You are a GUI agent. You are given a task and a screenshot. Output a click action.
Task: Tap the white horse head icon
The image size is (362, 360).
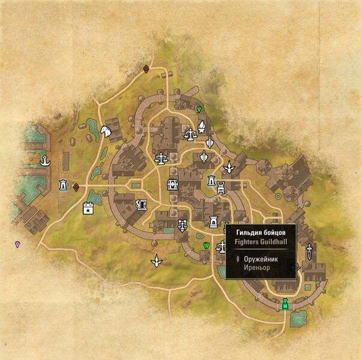point(106,130)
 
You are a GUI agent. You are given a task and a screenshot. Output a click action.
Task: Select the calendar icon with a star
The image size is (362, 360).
point(88,209)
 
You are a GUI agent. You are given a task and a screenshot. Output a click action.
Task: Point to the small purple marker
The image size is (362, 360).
point(17,244)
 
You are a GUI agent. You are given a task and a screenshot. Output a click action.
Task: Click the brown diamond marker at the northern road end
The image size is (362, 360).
point(146,69)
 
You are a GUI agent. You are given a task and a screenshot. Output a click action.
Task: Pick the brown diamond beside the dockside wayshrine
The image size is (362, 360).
point(76,187)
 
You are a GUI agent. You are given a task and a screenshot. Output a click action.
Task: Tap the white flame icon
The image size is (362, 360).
point(202,127)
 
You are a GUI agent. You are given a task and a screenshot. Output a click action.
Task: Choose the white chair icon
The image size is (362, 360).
point(221,187)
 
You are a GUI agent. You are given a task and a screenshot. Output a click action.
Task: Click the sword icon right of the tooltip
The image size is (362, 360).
point(309,250)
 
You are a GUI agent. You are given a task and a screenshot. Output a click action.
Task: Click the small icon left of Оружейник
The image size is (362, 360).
point(238,259)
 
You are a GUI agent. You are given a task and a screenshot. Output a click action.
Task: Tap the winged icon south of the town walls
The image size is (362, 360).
point(157,261)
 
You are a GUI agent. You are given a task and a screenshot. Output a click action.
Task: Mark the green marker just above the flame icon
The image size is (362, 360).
point(199,109)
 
